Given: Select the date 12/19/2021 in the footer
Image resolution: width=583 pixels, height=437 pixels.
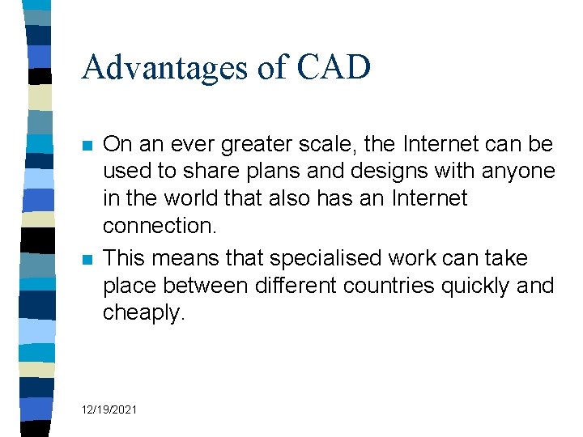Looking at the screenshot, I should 109,410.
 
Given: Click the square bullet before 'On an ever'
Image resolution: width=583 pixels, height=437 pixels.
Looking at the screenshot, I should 87,146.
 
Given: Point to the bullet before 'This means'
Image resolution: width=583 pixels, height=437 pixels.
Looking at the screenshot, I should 87,260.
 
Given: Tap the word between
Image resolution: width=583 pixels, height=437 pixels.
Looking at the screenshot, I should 213,286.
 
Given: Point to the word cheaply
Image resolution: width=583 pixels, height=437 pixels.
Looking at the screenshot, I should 143,313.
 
